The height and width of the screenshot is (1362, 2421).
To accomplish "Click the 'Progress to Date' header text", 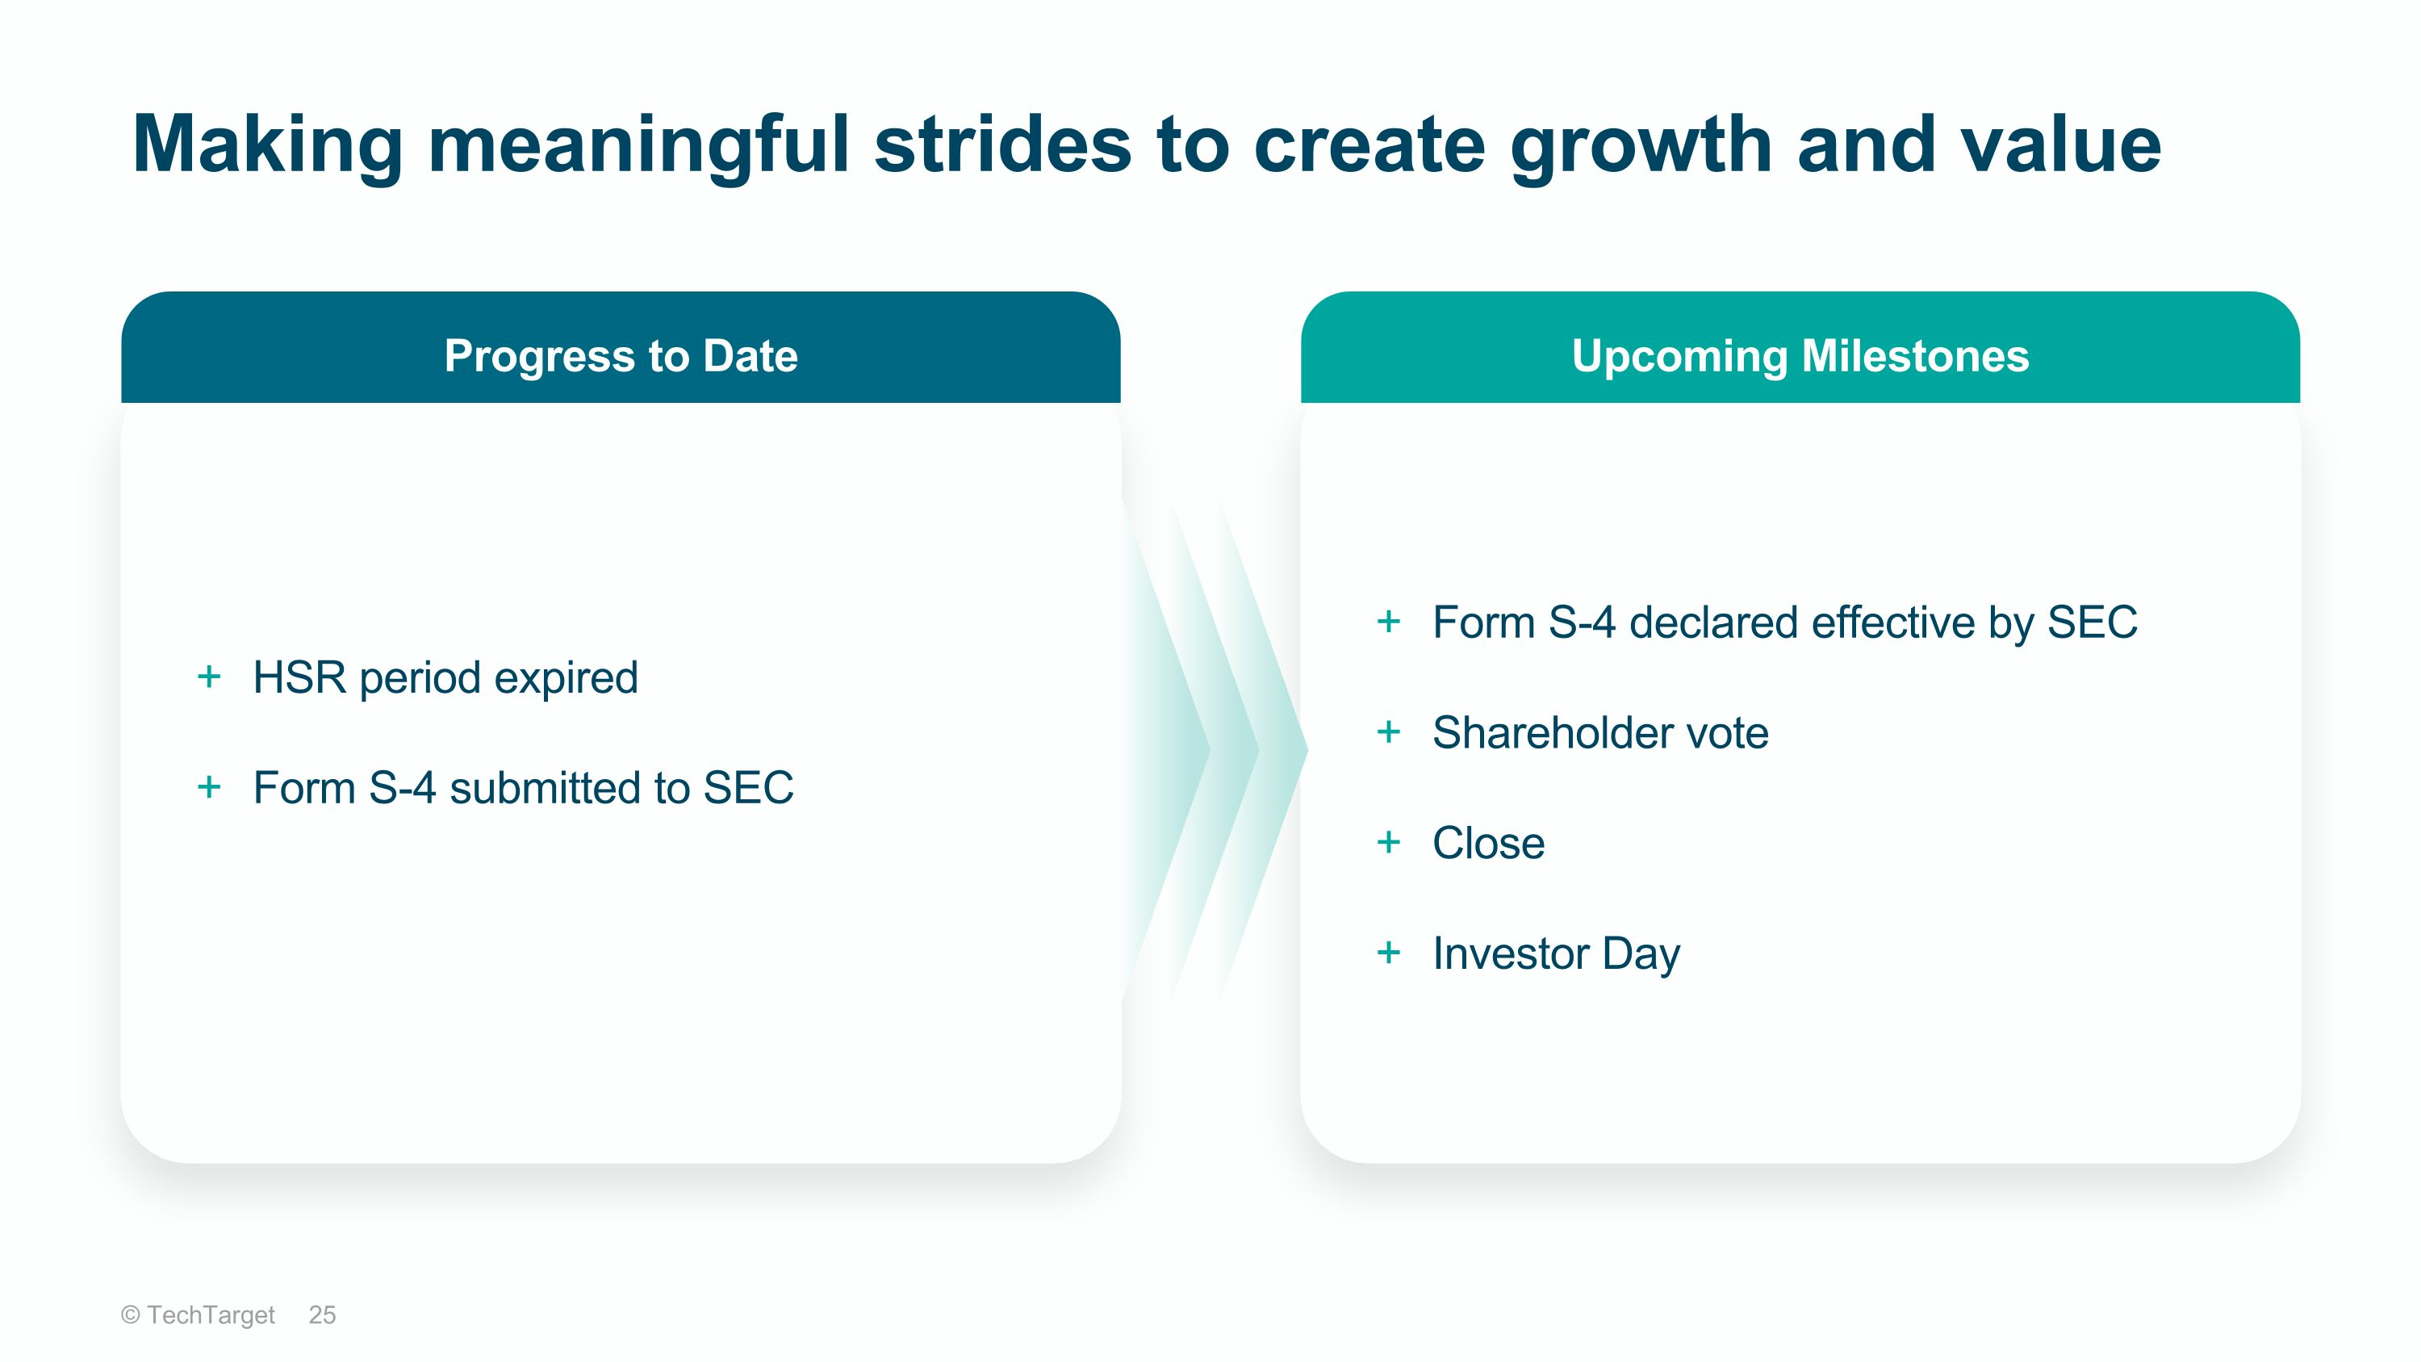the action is click(621, 356).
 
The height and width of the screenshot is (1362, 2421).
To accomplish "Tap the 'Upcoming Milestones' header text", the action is click(1800, 357).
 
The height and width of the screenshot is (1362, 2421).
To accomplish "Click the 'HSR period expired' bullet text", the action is click(445, 677).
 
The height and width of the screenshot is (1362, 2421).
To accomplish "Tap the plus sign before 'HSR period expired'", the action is click(209, 676).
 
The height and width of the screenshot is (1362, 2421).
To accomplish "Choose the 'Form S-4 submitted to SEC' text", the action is click(524, 788).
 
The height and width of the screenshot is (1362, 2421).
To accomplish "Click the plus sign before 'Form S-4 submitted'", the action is click(209, 786).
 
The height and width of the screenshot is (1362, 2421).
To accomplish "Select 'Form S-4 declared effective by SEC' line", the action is click(1785, 622).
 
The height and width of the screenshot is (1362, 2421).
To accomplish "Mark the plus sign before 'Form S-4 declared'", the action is click(1388, 622).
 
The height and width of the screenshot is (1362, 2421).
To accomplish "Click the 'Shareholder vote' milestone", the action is click(1600, 733).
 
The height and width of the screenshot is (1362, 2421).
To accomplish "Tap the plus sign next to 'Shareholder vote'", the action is click(1388, 731).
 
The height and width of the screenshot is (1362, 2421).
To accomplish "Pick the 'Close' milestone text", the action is click(1489, 843).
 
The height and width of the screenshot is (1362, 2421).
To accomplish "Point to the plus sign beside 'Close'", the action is click(1388, 842).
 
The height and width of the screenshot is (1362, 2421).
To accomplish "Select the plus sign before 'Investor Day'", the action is click(1388, 952).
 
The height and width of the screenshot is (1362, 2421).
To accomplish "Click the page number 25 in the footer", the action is click(321, 1315).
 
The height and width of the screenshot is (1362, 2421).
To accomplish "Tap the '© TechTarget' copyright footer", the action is click(198, 1315).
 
